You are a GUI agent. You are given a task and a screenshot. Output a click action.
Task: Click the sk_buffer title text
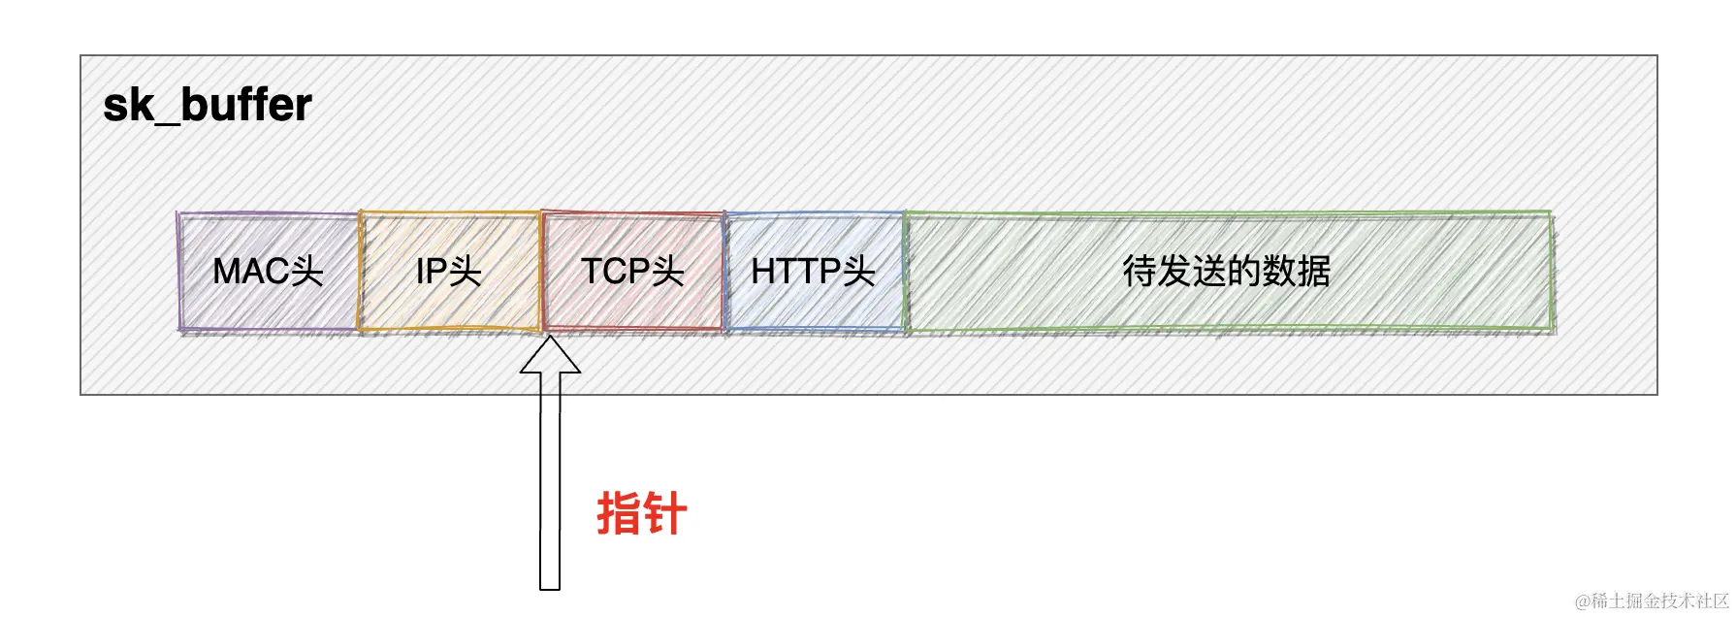[208, 105]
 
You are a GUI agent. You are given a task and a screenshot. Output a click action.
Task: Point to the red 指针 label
[642, 513]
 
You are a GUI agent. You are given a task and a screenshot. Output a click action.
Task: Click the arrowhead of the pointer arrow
[550, 356]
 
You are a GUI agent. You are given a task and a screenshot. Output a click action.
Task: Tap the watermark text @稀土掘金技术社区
[1651, 601]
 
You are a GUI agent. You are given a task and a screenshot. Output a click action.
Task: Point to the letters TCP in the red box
[615, 272]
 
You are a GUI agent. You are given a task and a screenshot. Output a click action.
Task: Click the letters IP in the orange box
[432, 272]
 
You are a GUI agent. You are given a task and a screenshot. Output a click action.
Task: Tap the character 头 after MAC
[306, 272]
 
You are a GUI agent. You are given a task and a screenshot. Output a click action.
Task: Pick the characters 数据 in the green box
[1297, 272]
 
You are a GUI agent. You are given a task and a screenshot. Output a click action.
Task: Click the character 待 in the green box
[1140, 272]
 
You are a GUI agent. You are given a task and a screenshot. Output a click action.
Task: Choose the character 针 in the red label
[665, 513]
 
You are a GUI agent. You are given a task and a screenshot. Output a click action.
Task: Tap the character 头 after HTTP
[858, 272]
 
